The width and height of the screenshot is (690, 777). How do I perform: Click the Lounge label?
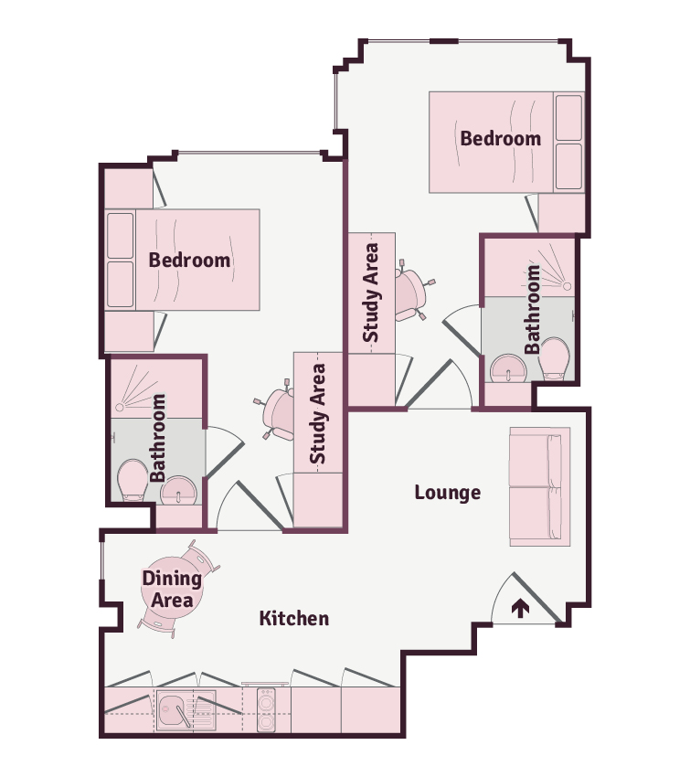coord(447,493)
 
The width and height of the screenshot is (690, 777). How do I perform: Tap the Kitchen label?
coord(294,619)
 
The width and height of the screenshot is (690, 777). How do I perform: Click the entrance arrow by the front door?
coord(520,608)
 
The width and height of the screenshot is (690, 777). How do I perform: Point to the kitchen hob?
coord(266,710)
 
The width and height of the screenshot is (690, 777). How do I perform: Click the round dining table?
coord(172,588)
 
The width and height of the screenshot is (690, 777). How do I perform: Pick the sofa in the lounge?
coord(540,486)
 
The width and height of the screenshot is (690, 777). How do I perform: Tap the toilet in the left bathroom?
coord(133,480)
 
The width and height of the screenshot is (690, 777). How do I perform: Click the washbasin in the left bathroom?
coord(178,491)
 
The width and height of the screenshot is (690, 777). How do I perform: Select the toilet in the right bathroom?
coord(554,357)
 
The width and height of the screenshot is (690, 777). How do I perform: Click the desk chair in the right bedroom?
coord(412,291)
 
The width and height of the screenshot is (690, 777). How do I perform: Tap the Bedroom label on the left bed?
coord(189,261)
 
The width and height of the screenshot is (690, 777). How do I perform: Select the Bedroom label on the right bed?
coord(500,139)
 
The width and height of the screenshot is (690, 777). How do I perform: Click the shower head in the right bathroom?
coord(567,286)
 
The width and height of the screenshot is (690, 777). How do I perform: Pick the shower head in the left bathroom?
coord(119,408)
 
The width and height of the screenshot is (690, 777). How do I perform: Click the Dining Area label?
coord(172,590)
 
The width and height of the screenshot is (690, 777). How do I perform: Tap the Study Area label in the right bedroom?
coord(370,293)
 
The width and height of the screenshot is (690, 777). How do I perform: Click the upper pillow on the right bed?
coord(568,118)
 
